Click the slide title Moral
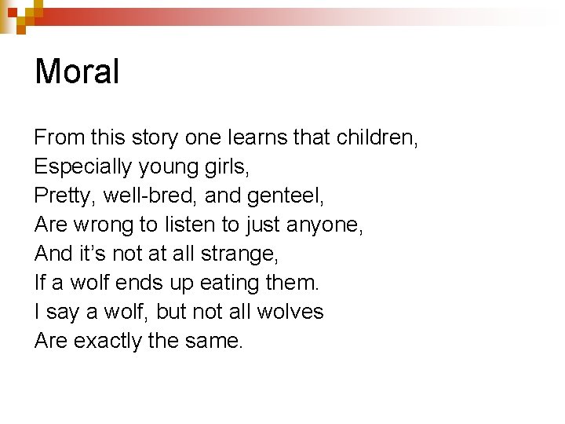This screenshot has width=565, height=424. pos(77,72)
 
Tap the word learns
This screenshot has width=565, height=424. pos(257,139)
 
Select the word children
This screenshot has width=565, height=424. pos(377,139)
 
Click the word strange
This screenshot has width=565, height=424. pos(239,254)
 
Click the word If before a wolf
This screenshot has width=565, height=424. pos(40,283)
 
